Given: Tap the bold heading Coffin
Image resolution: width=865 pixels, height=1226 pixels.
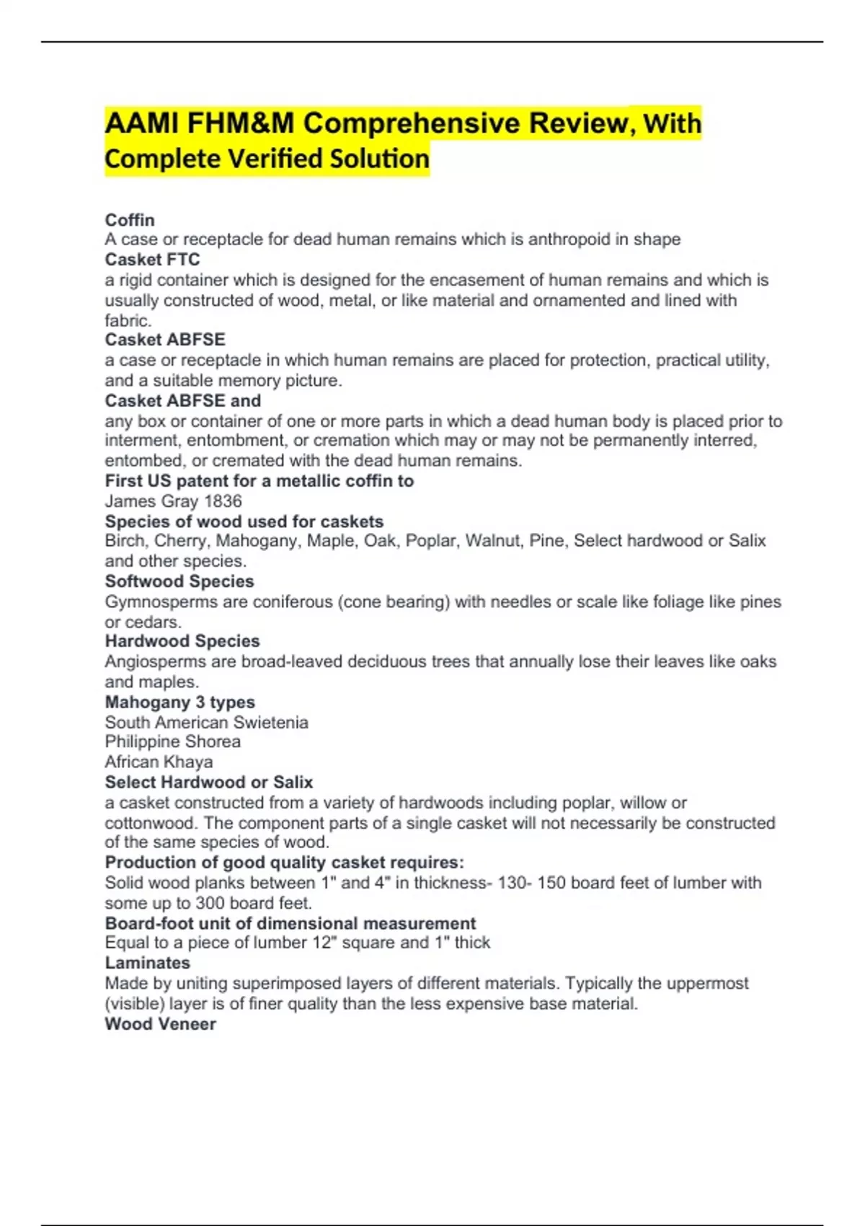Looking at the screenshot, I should tap(130, 220).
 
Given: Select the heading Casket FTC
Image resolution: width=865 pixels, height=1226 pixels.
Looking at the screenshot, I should tap(152, 260).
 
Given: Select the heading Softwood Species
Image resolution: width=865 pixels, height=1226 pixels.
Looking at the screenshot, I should tap(179, 581).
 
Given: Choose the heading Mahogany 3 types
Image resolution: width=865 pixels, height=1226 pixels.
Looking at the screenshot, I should tap(179, 702).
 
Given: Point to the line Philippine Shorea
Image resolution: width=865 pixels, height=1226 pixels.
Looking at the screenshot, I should tap(172, 741).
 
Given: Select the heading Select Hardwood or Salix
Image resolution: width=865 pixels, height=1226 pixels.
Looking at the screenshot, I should tap(208, 782).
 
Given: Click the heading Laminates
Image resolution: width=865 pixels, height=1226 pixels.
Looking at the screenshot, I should tap(147, 963).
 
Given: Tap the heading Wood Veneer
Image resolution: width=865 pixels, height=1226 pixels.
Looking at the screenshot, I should tap(160, 1024).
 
